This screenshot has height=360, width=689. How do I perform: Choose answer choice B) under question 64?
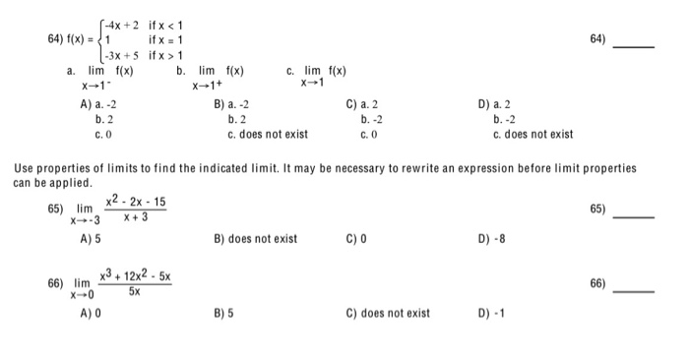pos(232,103)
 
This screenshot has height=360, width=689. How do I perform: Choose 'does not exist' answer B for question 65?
pos(255,237)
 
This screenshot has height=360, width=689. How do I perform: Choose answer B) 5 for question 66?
pos(221,313)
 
